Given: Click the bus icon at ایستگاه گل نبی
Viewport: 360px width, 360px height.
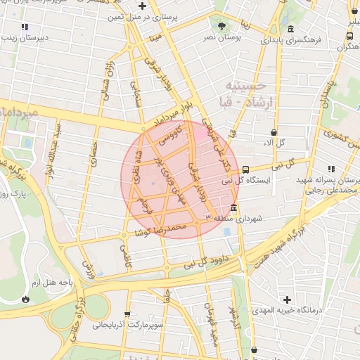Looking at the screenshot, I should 245,169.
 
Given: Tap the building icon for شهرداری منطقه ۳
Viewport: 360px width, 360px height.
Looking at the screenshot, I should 233,208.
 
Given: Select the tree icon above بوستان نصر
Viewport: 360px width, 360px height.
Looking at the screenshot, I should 222,25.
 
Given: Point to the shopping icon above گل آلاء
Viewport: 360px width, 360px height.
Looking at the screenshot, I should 274,131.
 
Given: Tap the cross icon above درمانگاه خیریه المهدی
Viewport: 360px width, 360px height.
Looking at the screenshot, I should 286,300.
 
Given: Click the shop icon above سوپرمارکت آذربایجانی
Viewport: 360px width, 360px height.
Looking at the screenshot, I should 127,314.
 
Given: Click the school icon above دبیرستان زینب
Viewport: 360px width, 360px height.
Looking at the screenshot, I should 25,27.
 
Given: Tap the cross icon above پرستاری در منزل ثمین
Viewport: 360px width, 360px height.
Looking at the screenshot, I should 142,6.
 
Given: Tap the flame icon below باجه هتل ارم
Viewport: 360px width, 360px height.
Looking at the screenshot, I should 26,299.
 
